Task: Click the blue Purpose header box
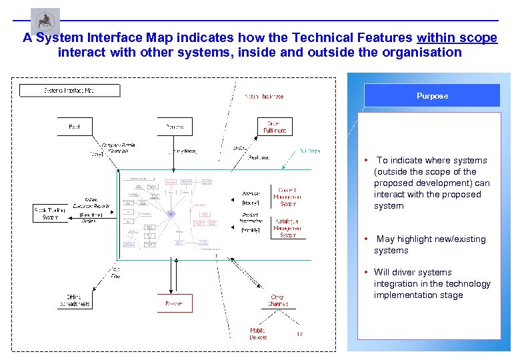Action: tap(432, 95)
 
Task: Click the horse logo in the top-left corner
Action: tap(45, 21)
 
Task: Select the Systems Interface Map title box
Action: tap(69, 90)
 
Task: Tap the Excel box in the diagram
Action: tap(74, 127)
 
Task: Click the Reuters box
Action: tap(175, 127)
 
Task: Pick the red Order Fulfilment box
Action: tap(274, 127)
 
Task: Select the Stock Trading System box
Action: tap(51, 213)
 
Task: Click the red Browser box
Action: tap(174, 303)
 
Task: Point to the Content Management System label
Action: tap(288, 196)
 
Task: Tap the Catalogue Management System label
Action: tap(289, 228)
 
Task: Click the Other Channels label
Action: tap(278, 300)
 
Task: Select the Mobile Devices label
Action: tap(257, 334)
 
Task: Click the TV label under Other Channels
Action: tap(299, 333)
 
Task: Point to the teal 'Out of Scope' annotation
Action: tap(309, 151)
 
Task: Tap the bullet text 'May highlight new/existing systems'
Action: tap(430, 245)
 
